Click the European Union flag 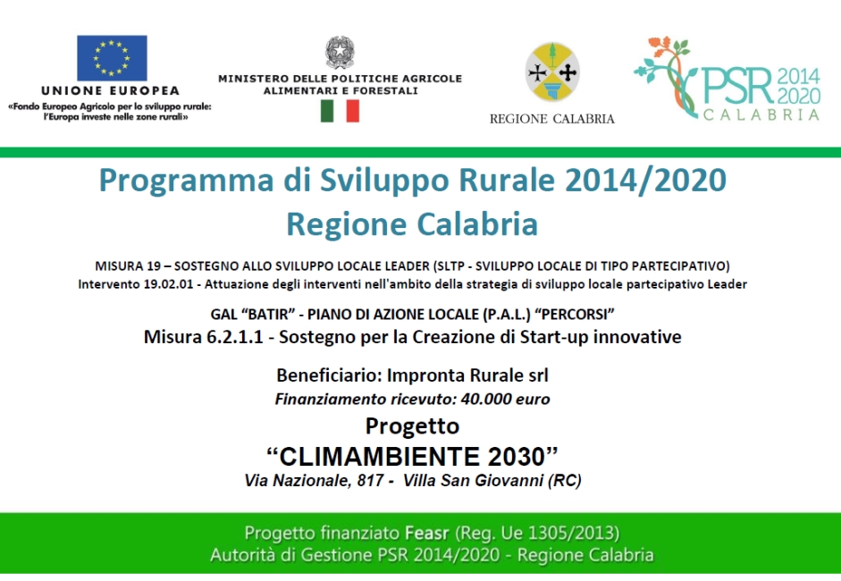(112, 58)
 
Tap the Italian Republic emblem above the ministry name (340, 52)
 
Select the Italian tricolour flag (340, 111)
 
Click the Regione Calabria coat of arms (552, 72)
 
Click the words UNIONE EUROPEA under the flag (111, 90)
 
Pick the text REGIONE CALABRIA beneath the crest (552, 119)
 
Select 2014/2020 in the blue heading (645, 180)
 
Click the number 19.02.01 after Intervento (168, 284)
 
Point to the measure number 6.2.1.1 (234, 337)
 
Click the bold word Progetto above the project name (412, 426)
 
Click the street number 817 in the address (370, 480)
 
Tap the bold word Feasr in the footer (427, 533)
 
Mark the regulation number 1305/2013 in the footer (571, 533)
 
